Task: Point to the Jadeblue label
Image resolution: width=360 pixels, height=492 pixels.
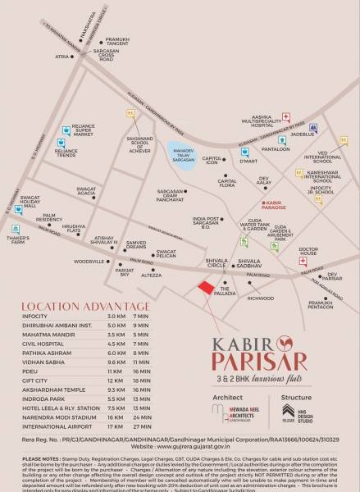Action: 302,134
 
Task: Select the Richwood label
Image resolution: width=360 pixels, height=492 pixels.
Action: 261,298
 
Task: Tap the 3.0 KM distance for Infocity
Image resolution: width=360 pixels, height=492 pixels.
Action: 116,315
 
